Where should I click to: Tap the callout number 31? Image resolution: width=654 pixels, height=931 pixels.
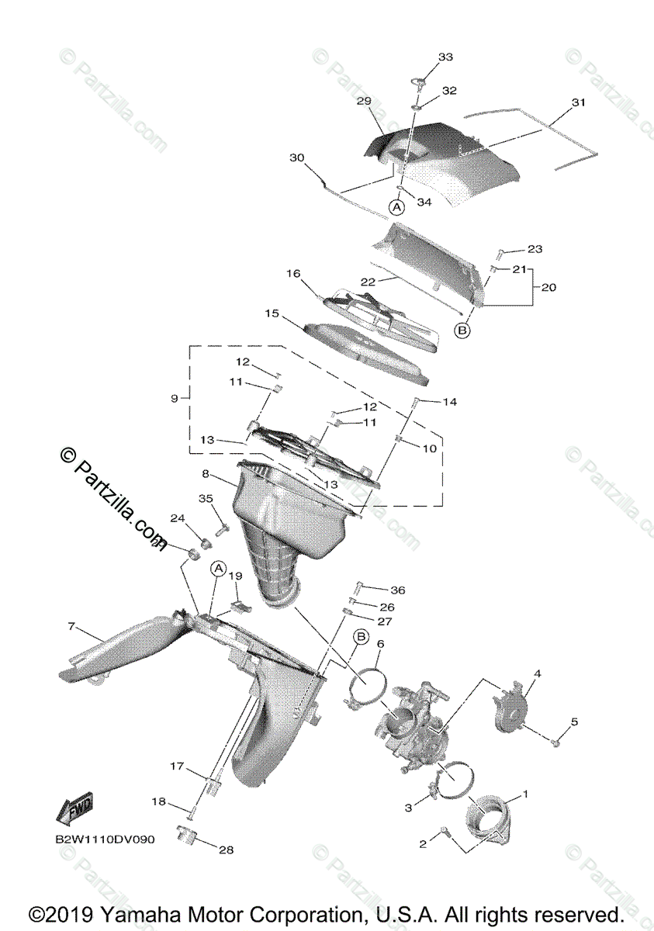[x=578, y=102]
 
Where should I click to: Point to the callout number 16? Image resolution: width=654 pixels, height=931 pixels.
[x=292, y=274]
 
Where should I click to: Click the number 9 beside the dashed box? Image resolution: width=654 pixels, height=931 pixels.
[x=175, y=398]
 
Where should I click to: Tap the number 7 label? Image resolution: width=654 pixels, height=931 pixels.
[x=71, y=625]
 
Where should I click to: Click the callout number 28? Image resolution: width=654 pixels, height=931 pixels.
[x=226, y=850]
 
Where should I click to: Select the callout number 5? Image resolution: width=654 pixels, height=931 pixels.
[x=574, y=722]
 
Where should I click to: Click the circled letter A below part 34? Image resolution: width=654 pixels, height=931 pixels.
[x=396, y=207]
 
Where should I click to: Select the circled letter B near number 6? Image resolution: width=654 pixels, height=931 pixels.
[x=361, y=637]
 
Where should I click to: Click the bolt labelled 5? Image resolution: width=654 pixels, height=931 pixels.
[x=555, y=742]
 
